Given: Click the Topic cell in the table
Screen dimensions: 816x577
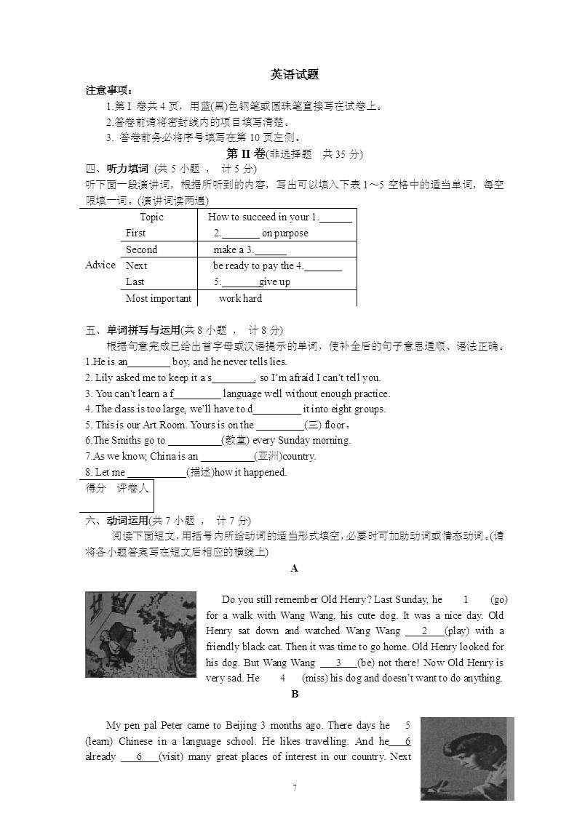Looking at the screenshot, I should pyautogui.click(x=151, y=217).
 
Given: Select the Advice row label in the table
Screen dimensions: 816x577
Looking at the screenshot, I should pyautogui.click(x=100, y=265).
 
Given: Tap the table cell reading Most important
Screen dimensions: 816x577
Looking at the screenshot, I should pyautogui.click(x=159, y=298).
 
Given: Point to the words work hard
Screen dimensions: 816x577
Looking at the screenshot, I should pyautogui.click(x=240, y=298).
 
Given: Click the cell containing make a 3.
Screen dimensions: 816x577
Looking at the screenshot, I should pyautogui.click(x=249, y=249).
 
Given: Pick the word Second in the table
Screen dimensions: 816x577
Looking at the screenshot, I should pyautogui.click(x=141, y=249).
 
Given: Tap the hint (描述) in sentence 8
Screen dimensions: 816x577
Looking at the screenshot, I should pyautogui.click(x=201, y=472).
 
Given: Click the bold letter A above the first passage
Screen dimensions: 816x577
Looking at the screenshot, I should pyautogui.click(x=294, y=569).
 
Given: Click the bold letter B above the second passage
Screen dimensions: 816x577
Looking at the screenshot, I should pyautogui.click(x=295, y=695).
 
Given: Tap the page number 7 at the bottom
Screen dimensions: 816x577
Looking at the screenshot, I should pyautogui.click(x=295, y=788).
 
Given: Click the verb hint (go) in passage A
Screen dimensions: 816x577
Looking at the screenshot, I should pyautogui.click(x=499, y=599).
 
